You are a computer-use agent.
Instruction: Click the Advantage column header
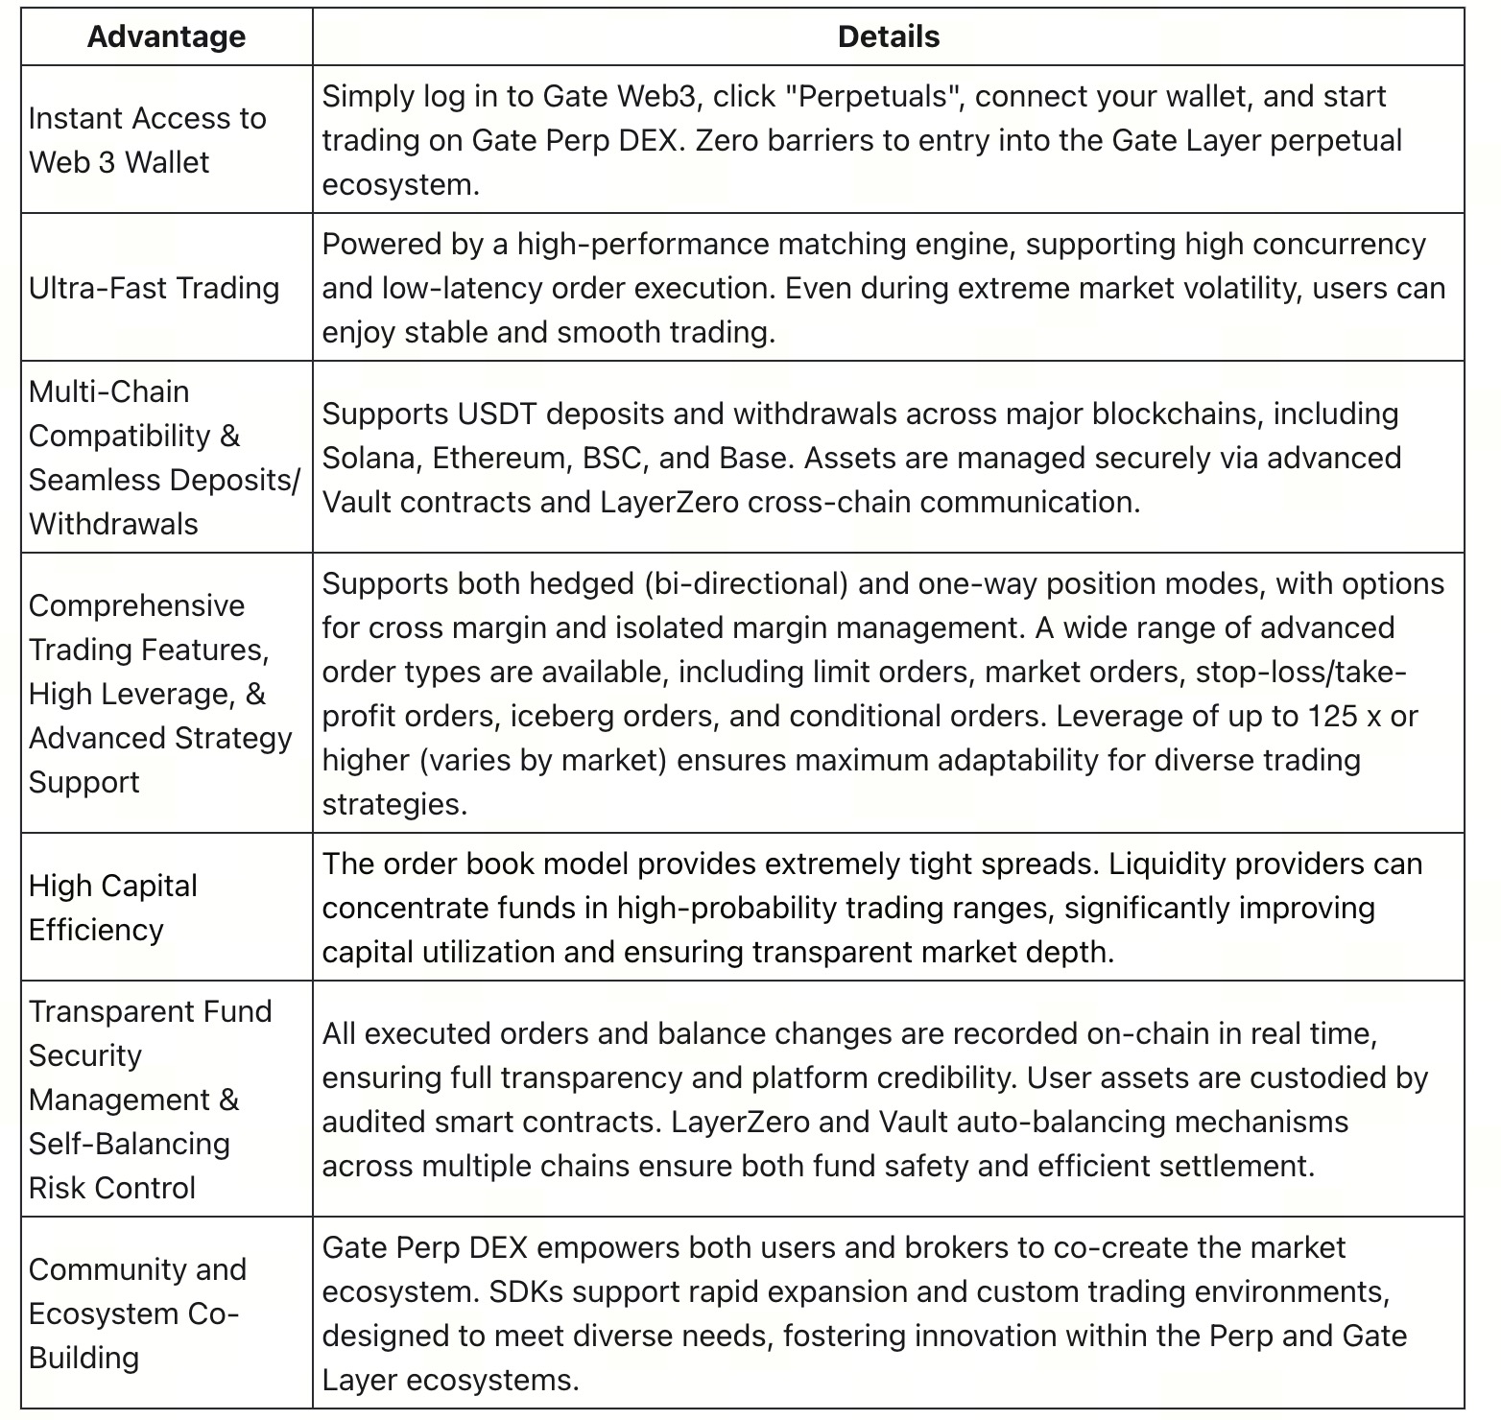tap(166, 36)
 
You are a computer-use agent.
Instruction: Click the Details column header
tap(888, 36)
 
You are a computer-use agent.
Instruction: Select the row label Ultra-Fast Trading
tap(154, 288)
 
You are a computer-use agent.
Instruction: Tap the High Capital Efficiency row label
tap(113, 908)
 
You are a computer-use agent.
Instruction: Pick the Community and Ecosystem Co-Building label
tap(137, 1313)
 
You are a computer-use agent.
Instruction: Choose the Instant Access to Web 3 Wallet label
tap(147, 140)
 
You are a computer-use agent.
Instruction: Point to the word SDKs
tap(526, 1291)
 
